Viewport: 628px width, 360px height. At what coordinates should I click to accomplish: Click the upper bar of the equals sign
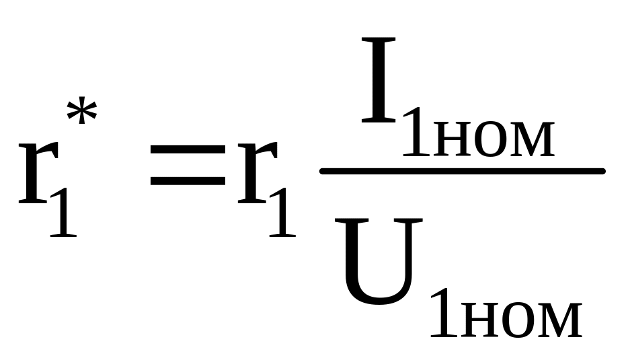[x=187, y=162]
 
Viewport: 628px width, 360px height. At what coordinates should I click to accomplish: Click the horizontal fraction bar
[x=463, y=172]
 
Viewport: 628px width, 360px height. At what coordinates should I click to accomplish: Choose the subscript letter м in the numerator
[x=532, y=139]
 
